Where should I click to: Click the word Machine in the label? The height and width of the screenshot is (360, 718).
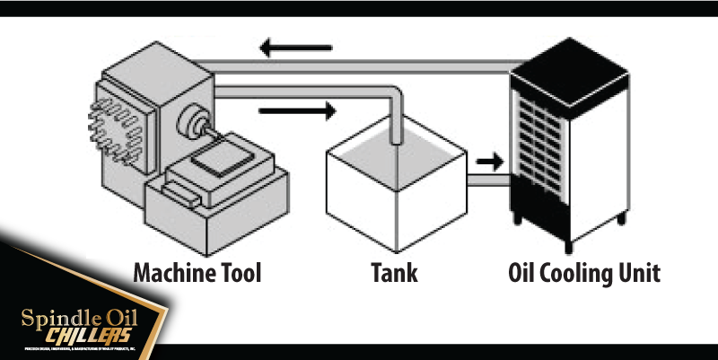(174, 273)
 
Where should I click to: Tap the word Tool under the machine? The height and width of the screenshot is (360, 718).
(240, 273)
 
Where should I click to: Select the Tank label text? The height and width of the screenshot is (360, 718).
(394, 273)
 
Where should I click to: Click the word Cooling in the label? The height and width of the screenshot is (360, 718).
(577, 273)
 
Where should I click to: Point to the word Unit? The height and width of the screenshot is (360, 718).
(639, 273)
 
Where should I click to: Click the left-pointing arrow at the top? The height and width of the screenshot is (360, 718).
(296, 48)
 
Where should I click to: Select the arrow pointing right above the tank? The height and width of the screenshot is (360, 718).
(296, 111)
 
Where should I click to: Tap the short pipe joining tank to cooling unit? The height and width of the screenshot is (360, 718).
(489, 181)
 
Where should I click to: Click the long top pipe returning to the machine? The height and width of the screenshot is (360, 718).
(359, 62)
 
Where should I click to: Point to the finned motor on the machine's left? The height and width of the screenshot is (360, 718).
(112, 126)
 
